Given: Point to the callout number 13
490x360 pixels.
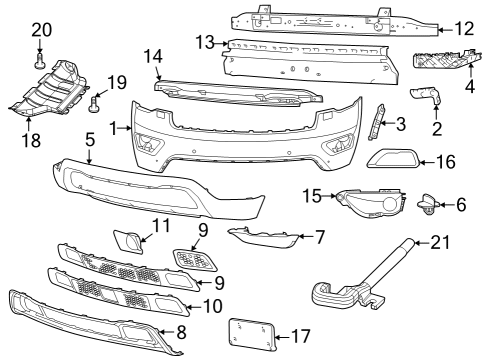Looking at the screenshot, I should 204,43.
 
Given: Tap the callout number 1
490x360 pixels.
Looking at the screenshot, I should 114,128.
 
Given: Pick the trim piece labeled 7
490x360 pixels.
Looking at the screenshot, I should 262,236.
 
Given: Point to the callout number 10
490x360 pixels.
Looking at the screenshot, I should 210,306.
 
